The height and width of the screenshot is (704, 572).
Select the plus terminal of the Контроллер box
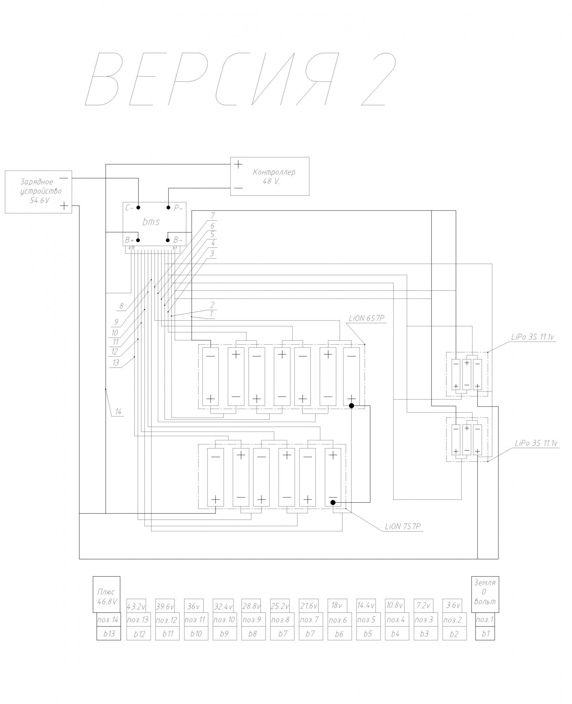point(238,164)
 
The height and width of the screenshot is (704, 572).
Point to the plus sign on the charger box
point(64,206)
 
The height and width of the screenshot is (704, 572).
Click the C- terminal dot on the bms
point(139,207)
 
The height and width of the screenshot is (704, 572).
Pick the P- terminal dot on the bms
point(168,207)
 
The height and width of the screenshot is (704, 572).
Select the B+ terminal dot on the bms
point(138,240)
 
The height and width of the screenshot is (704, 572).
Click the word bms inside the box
point(151,222)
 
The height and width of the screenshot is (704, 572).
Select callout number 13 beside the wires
point(116,363)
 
